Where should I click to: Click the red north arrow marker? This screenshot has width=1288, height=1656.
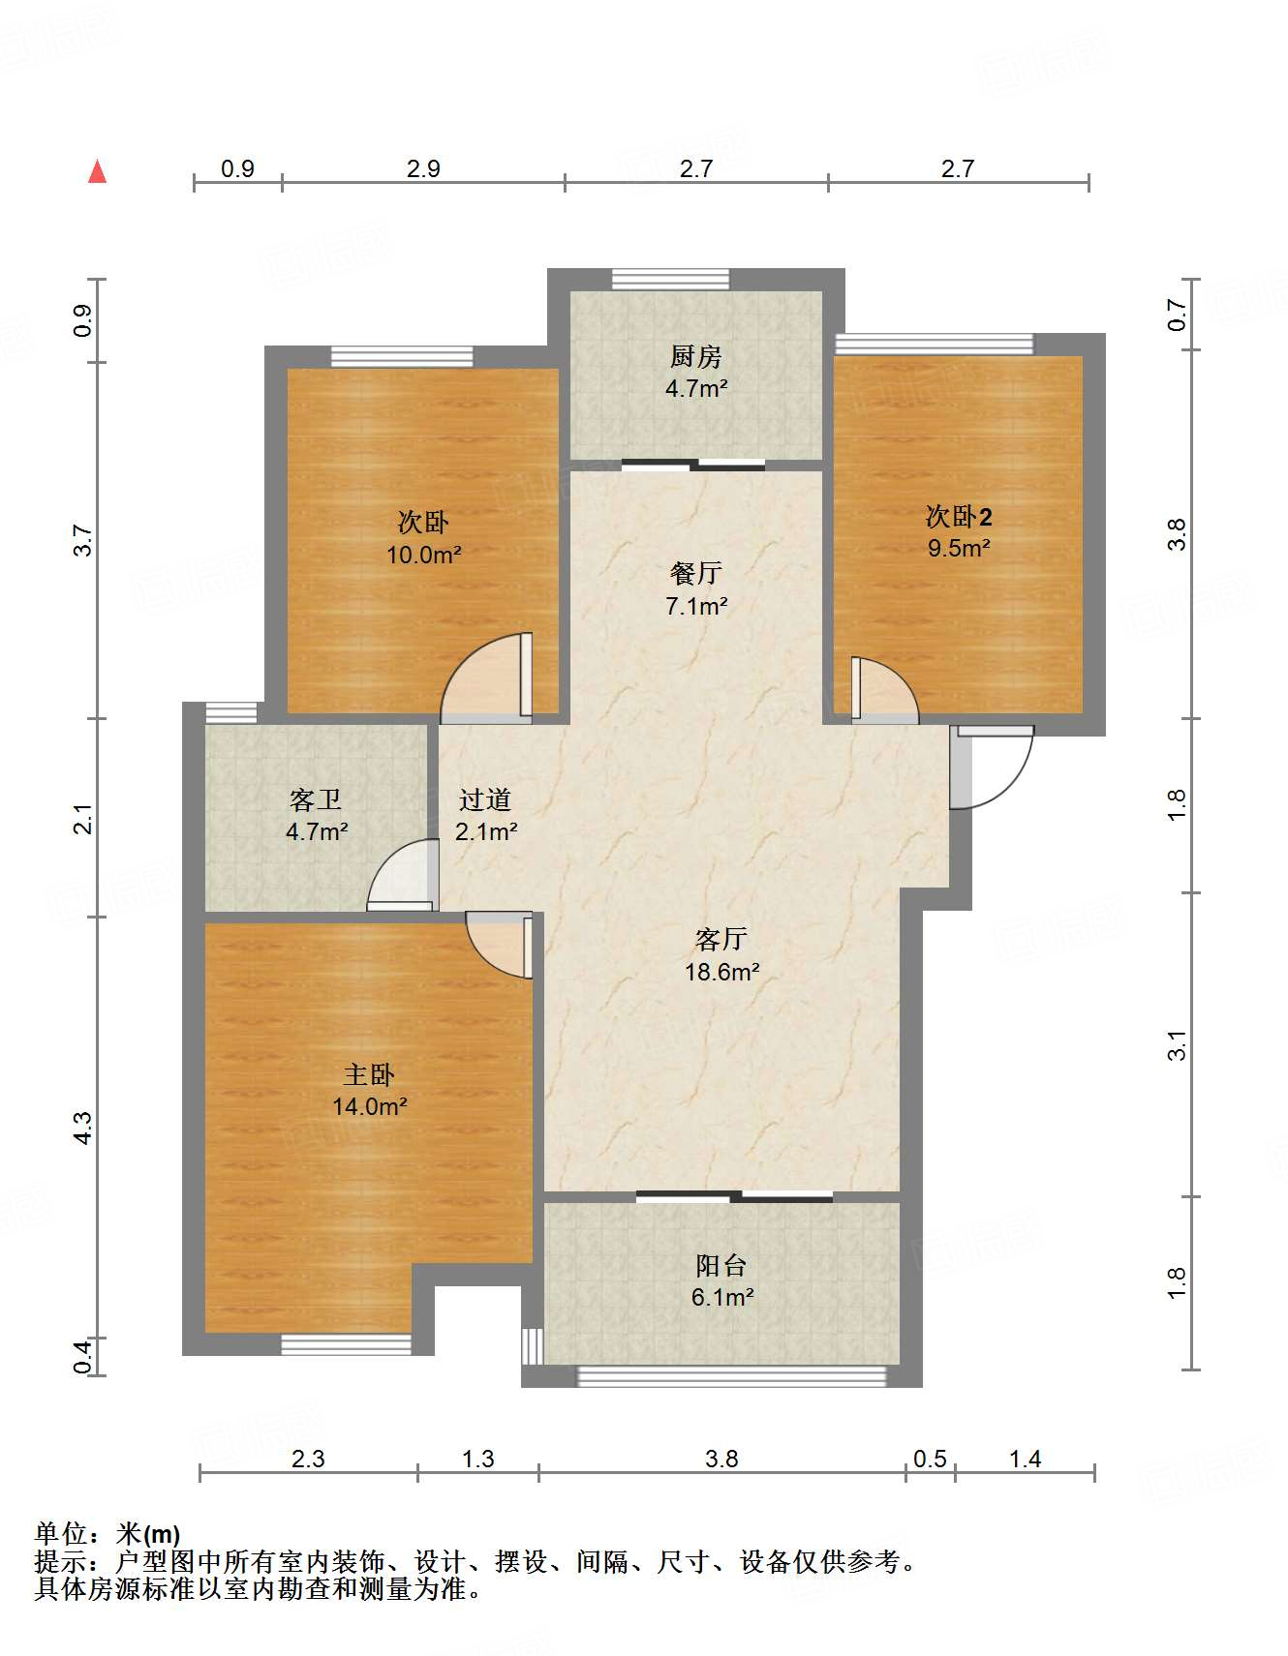coord(97,171)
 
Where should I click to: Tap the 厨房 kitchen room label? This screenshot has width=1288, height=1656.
coord(695,357)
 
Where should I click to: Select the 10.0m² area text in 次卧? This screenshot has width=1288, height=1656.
coord(423,555)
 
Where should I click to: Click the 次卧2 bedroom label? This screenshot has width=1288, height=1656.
coord(958,516)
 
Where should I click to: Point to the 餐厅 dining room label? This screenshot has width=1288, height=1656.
coord(695,573)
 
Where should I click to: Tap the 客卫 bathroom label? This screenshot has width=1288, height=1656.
coord(316,799)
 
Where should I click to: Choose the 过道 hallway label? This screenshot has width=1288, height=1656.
coord(484,799)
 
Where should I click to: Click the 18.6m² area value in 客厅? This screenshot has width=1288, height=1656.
coord(721,972)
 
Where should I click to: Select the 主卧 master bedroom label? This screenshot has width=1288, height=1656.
coord(369,1074)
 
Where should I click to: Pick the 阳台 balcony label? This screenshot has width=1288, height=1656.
coord(721,1265)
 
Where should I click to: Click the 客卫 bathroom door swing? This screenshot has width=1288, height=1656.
coord(401,874)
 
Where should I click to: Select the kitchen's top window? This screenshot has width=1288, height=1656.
coord(670,279)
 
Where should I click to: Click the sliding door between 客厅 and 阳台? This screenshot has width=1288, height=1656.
coord(734,1196)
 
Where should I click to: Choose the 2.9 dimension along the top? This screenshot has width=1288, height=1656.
coord(423,168)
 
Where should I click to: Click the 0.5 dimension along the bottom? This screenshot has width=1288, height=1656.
coord(930,1459)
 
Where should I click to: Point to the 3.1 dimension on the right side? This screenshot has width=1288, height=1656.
coord(1176,1045)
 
